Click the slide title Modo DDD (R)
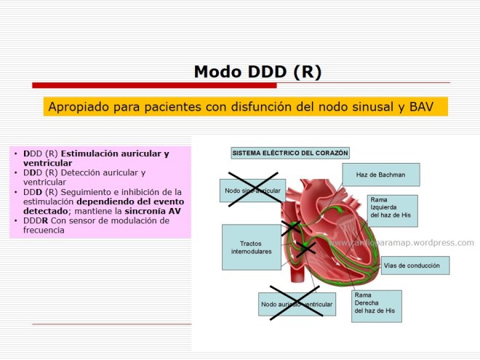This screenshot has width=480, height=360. [257, 71]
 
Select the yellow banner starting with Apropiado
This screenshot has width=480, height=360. [245, 107]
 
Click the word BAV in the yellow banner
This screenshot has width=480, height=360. [419, 107]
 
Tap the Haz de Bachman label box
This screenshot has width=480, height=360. [382, 175]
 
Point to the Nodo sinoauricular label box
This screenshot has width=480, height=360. [252, 191]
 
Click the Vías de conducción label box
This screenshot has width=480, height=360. [415, 265]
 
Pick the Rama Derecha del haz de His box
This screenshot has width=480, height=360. [376, 305]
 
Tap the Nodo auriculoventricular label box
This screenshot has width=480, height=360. [296, 304]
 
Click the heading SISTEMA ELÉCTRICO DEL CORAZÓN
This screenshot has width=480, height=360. [290, 153]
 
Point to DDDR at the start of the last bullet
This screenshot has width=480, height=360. [36, 220]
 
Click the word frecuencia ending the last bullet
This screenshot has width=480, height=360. [43, 230]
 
